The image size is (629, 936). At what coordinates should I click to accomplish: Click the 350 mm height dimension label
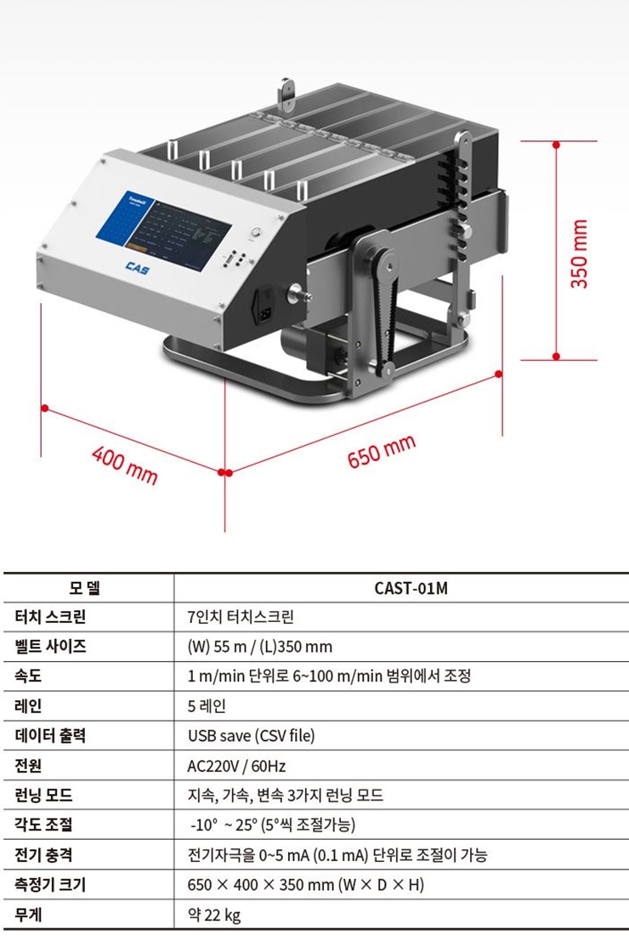point(579,254)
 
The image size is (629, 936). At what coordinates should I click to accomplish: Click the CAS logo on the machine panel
point(137,267)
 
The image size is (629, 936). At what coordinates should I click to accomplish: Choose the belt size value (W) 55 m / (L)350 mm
point(259,647)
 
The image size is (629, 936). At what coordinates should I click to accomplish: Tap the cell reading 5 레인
point(207,706)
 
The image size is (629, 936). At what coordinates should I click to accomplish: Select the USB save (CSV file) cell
point(245,736)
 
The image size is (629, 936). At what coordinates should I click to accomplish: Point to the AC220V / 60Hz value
point(236,766)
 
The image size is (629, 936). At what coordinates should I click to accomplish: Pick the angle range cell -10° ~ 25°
point(272,825)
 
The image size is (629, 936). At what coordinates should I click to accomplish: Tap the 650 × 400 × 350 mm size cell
point(305,885)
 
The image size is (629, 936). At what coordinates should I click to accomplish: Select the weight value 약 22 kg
point(213,915)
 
